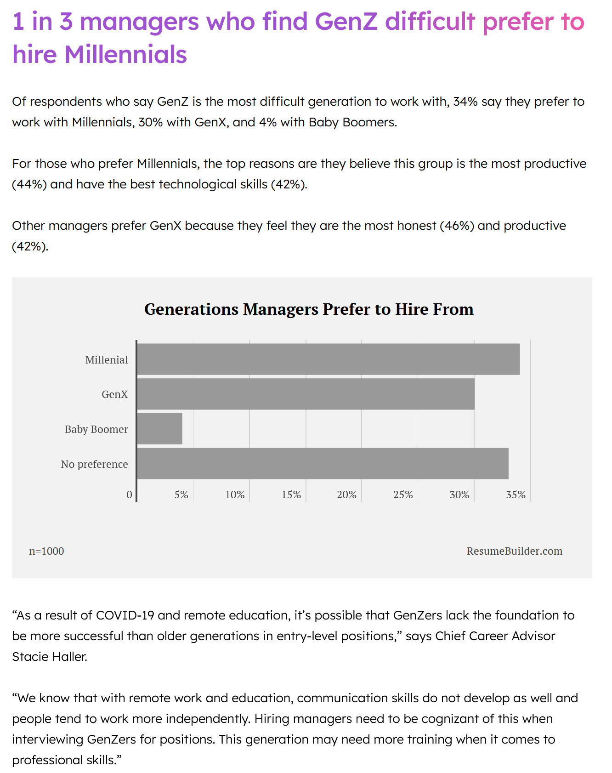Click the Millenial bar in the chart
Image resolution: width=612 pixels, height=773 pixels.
coord(329,359)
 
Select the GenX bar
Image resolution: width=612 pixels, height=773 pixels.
coord(306,394)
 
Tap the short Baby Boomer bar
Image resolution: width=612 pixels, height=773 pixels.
coord(160,429)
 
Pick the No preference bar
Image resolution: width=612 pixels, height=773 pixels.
coord(323,464)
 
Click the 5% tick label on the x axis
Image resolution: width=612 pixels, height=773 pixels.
coord(181,494)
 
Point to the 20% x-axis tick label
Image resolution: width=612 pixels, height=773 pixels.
coord(346,494)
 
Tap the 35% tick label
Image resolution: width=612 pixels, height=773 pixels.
coord(516,494)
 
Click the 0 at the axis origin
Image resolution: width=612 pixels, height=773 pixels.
coord(130,494)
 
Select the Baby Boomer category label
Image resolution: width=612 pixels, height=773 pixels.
coord(96,429)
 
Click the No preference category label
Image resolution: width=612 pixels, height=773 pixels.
coord(95,464)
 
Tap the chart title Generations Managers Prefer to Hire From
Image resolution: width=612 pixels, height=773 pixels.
coord(309,309)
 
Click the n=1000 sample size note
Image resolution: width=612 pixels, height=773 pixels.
coord(46,551)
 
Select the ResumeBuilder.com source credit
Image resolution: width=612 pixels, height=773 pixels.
coord(515,551)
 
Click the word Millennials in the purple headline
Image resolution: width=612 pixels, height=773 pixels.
coord(125,54)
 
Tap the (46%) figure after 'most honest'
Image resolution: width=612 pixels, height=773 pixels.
coord(457,226)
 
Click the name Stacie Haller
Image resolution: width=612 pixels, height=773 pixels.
coord(50,657)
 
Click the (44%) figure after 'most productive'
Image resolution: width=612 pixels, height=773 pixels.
coord(29,184)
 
